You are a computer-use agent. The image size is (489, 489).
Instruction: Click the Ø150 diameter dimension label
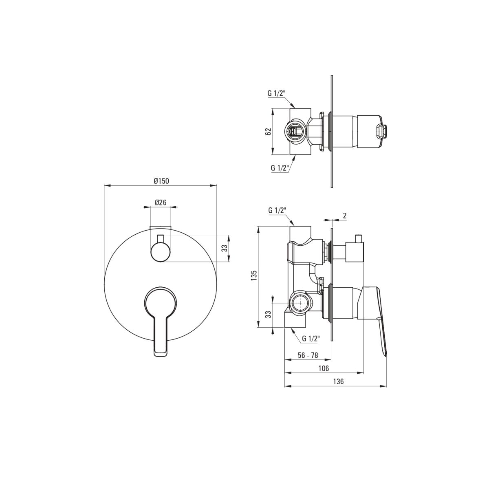click(161, 181)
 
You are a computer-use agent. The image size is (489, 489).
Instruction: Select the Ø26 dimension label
click(161, 202)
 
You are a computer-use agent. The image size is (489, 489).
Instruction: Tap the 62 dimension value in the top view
click(268, 132)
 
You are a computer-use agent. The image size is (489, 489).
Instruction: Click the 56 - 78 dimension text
click(308, 355)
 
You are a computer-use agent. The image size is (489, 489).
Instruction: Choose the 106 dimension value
click(324, 368)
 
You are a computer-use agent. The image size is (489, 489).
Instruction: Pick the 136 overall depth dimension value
click(338, 382)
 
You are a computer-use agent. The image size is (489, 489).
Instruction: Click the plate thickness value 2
click(345, 216)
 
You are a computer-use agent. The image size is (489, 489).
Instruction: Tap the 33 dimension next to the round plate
click(224, 248)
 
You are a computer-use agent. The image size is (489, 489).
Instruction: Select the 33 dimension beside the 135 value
click(268, 315)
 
